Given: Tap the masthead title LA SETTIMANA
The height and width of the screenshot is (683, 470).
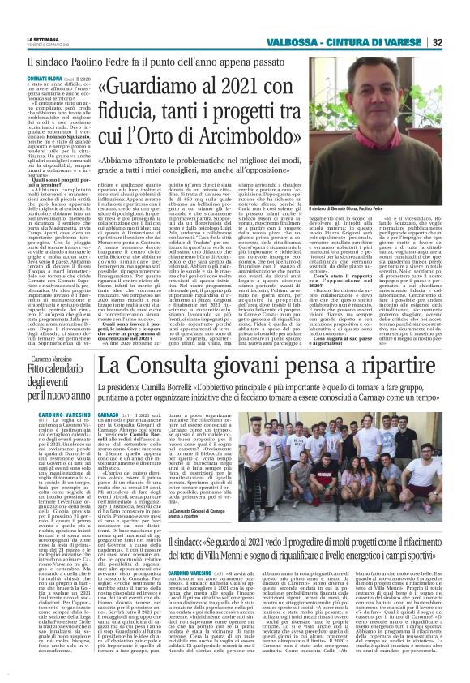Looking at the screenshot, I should coord(27,37).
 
